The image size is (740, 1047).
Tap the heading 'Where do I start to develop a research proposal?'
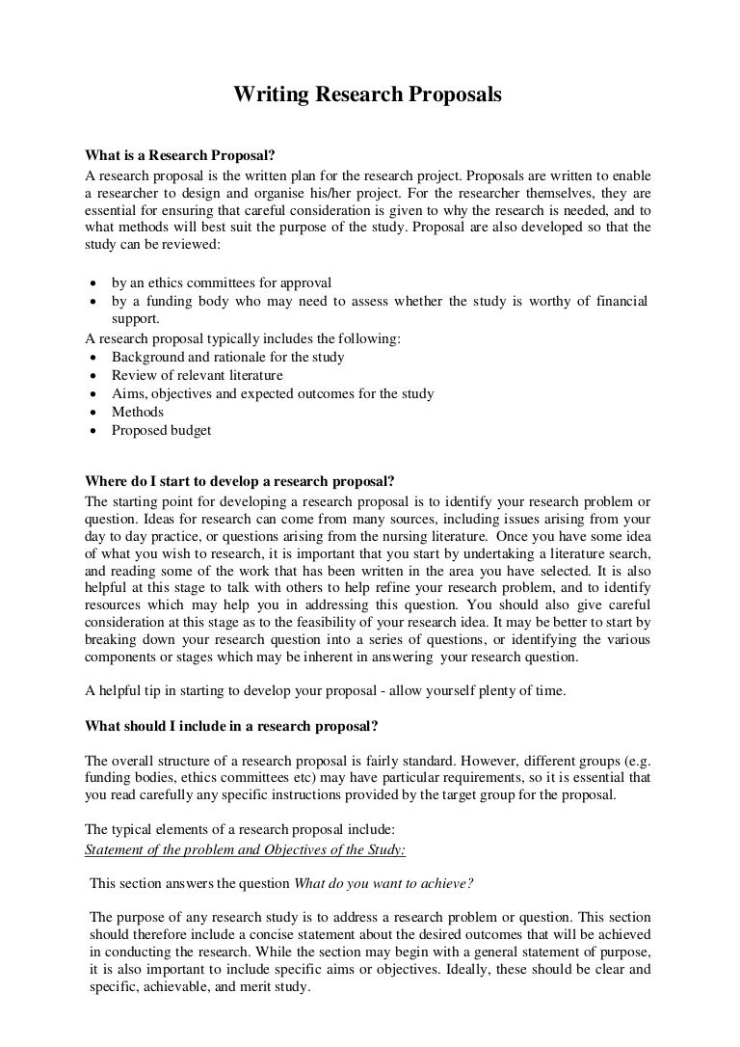coord(240,482)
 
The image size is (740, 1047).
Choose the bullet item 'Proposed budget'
coord(161,430)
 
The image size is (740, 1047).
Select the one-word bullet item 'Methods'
coord(138,412)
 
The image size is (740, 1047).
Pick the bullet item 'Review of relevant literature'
coord(197,375)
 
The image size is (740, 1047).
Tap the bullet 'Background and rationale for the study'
coord(227,357)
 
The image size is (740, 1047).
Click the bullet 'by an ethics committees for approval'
coord(222,282)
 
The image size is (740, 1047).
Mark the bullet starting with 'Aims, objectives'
coord(272,393)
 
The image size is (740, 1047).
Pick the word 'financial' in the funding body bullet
coord(616,301)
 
